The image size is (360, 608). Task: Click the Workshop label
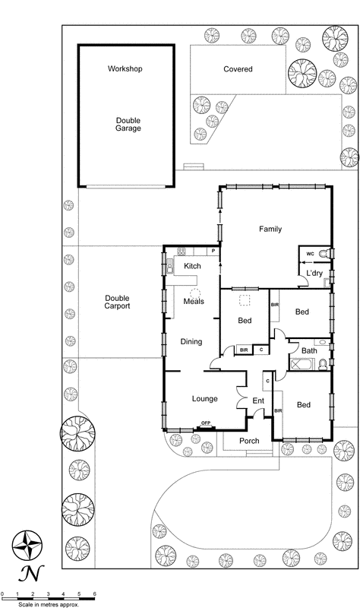click(x=125, y=69)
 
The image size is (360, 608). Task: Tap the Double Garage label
click(x=128, y=124)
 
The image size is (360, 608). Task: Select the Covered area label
click(x=238, y=69)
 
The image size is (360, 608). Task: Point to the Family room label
click(x=270, y=228)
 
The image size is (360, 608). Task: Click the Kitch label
click(x=192, y=265)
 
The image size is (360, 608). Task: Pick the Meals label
click(x=194, y=302)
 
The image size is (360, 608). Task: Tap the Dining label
click(x=191, y=342)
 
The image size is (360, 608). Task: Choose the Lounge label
click(x=204, y=399)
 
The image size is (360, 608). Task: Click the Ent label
click(x=258, y=401)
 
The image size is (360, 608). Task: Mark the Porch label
click(x=249, y=441)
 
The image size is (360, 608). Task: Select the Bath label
click(x=308, y=350)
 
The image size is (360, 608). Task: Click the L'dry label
click(x=315, y=274)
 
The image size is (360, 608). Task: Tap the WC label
click(x=310, y=253)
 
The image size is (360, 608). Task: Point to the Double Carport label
click(x=118, y=302)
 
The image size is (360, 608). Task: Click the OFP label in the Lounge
click(x=205, y=423)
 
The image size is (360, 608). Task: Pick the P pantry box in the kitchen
click(x=213, y=251)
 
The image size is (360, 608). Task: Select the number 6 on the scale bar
click(x=94, y=592)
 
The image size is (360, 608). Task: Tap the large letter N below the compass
click(x=28, y=572)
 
